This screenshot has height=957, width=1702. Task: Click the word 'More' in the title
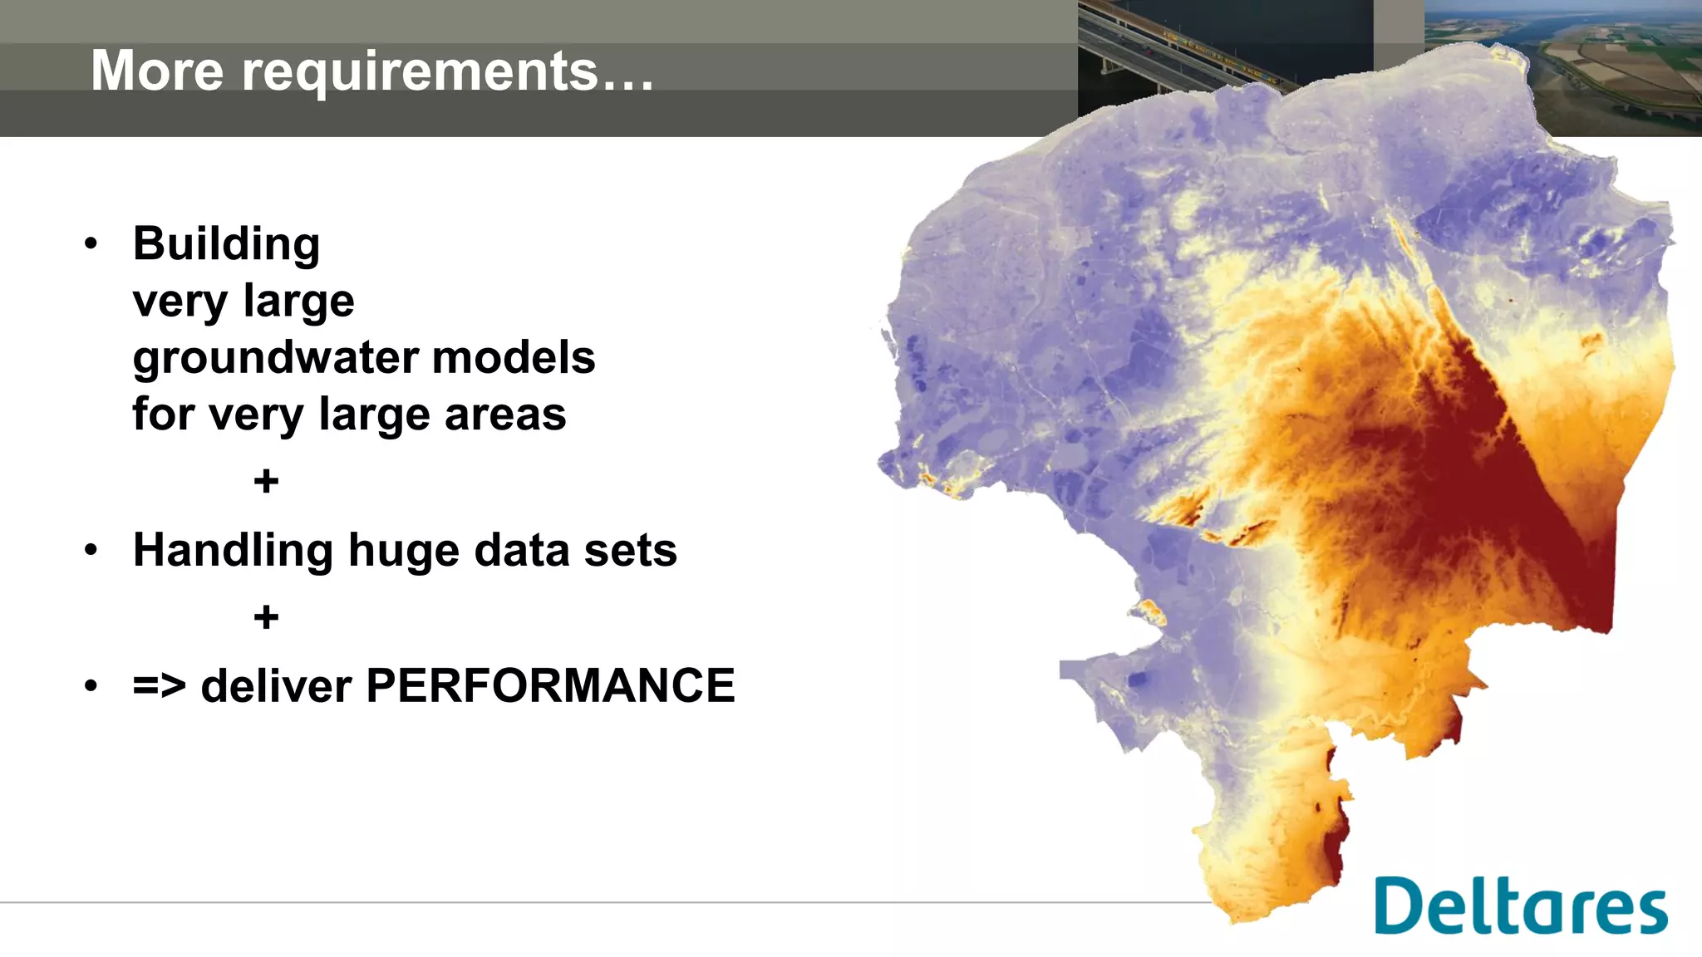pyautogui.click(x=157, y=71)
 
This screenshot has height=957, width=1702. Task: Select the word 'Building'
pyautogui.click(x=226, y=244)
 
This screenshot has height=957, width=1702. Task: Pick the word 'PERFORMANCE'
pyautogui.click(x=550, y=686)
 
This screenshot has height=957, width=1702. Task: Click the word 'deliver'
pyautogui.click(x=276, y=687)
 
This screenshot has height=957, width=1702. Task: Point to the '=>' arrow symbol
pyautogui.click(x=160, y=687)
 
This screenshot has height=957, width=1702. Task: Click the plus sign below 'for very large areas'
pyautogui.click(x=266, y=482)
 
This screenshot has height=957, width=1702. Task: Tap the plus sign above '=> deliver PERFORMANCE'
pyautogui.click(x=266, y=617)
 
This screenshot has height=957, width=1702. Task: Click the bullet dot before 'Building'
pyautogui.click(x=91, y=244)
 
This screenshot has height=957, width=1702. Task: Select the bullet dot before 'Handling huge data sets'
pyautogui.click(x=91, y=550)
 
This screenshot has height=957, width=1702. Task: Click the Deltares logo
pyautogui.click(x=1520, y=906)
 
